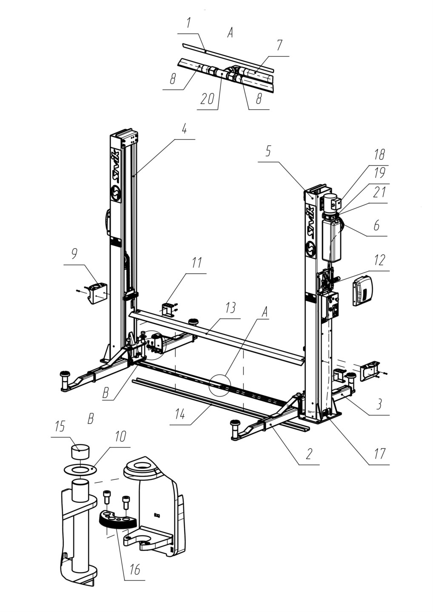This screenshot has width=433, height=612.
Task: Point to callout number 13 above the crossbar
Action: (x=231, y=309)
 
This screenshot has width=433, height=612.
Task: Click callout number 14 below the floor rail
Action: (x=180, y=414)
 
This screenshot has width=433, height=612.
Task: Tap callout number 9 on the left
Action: (x=74, y=254)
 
